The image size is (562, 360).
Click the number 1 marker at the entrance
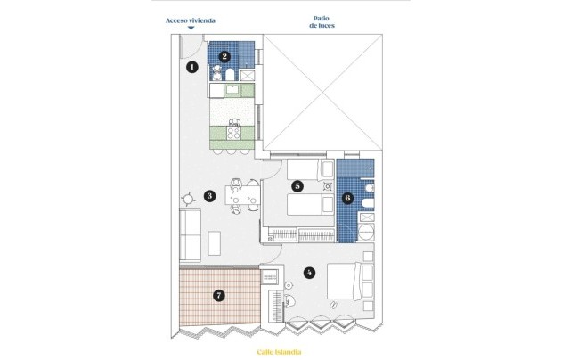click(191, 66)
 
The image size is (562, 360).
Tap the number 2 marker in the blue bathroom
click(225, 56)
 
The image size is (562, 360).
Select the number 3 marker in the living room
click(208, 196)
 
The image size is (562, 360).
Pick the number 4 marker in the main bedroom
click(308, 272)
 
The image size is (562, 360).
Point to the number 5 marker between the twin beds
click(297, 186)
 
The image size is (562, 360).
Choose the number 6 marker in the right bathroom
click(348, 199)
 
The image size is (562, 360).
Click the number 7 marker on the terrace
click(219, 293)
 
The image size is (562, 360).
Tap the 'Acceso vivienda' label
click(191, 20)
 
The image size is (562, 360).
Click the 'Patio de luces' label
click(322, 21)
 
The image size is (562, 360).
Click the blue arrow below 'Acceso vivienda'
click(191, 29)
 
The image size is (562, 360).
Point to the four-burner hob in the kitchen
click(235, 134)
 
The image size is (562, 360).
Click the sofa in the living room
click(190, 233)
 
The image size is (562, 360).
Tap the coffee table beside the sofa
click(215, 242)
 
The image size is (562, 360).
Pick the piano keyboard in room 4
click(276, 306)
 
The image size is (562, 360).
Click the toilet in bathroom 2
click(216, 72)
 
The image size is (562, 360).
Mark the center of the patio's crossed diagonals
click(323, 92)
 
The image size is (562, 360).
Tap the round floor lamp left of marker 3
click(188, 199)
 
